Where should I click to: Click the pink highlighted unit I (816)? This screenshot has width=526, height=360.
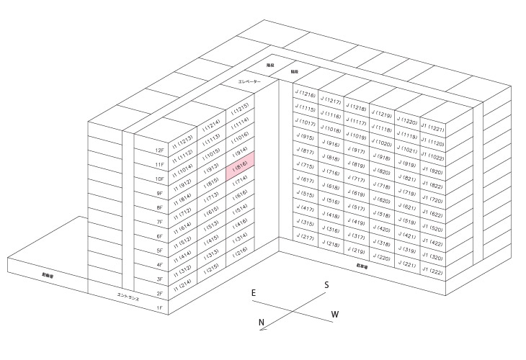[240, 169]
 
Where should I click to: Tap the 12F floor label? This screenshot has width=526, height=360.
[160, 150]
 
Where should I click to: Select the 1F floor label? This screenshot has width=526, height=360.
[160, 307]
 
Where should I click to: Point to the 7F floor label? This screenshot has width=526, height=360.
[160, 222]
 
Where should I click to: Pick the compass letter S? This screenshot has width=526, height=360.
[326, 285]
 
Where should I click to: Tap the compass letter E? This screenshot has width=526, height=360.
[254, 293]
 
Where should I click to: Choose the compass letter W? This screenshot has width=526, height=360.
[334, 315]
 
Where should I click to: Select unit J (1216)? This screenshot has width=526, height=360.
[306, 95]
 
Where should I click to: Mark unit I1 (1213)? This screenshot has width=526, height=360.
[184, 138]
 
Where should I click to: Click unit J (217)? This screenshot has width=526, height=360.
[306, 238]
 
